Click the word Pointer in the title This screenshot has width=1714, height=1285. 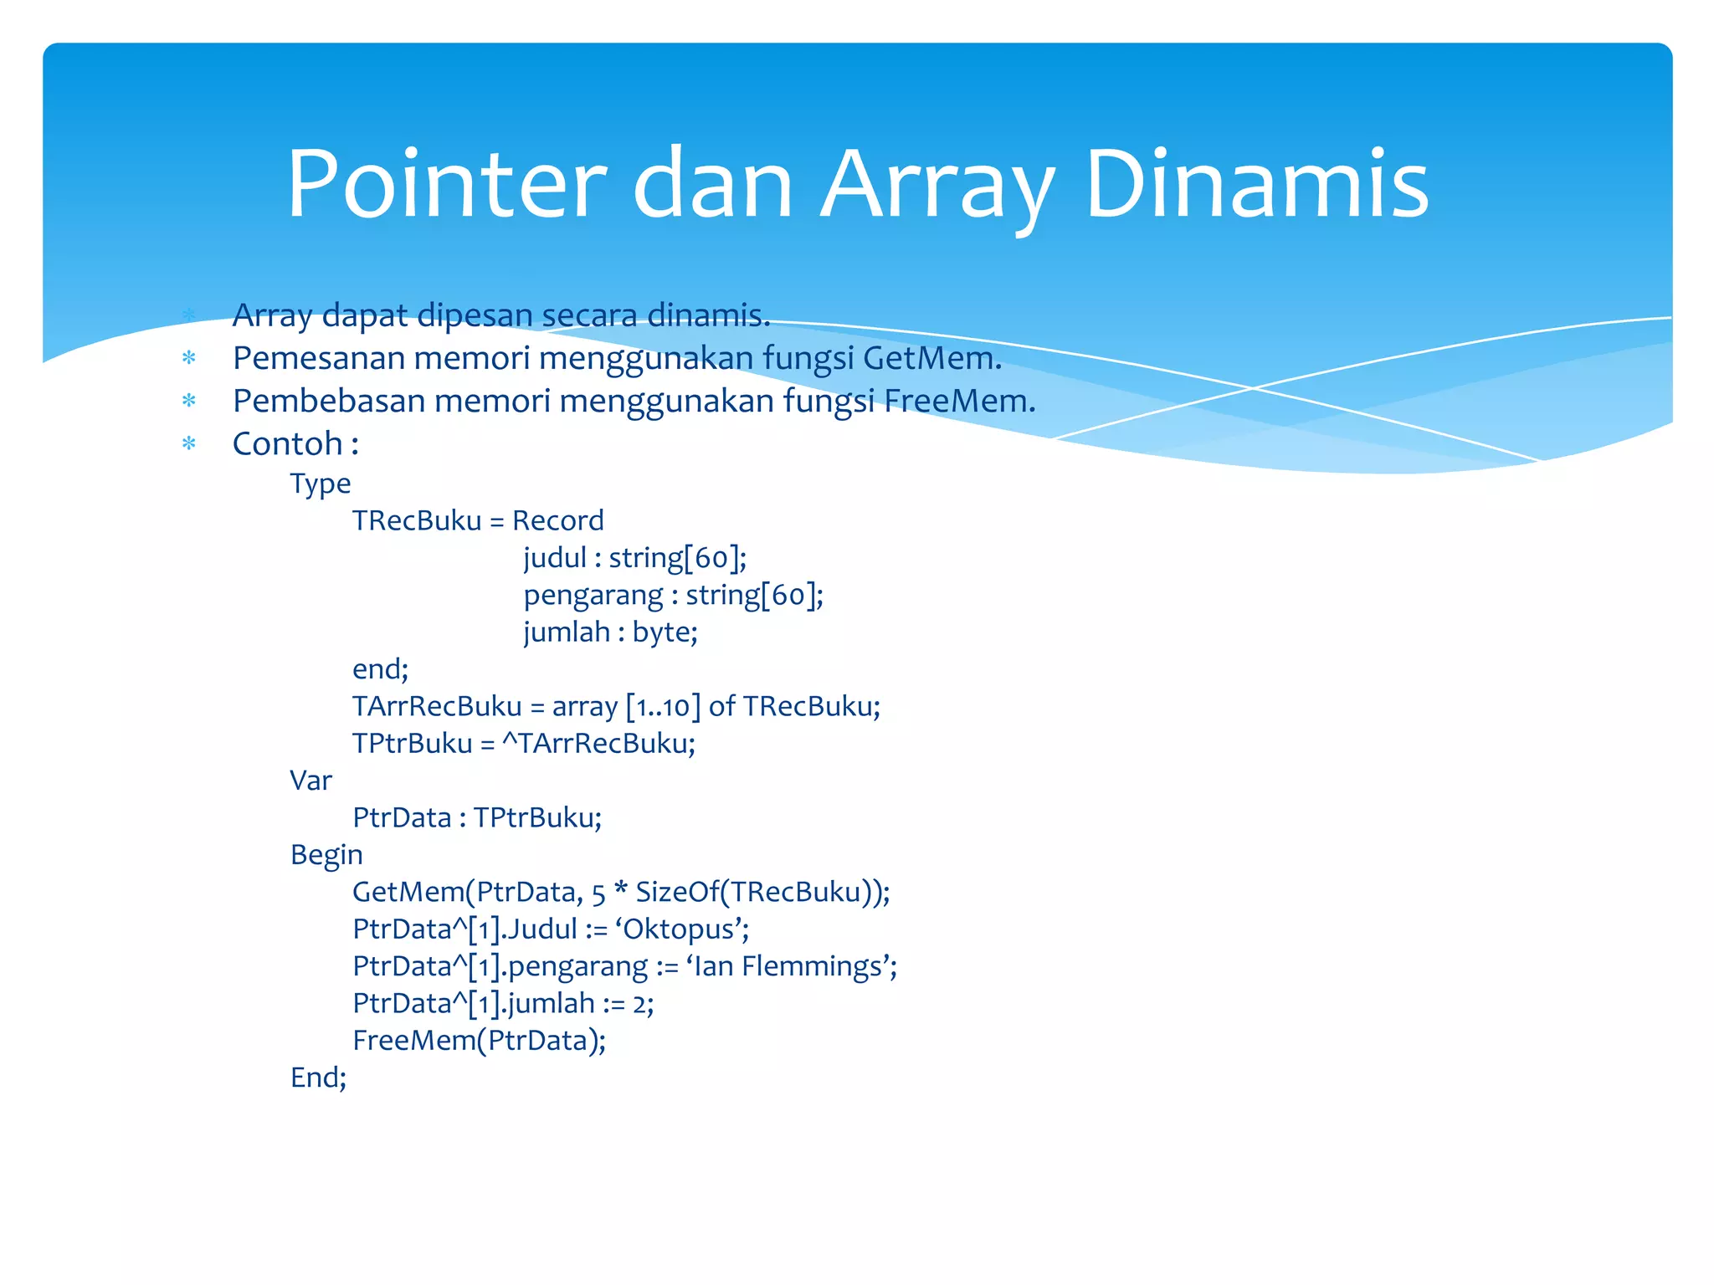(x=446, y=185)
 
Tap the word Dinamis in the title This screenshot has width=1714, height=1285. (x=1257, y=185)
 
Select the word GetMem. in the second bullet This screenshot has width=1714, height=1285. (x=932, y=359)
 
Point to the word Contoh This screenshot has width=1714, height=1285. (x=288, y=444)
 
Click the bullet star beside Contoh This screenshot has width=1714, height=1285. (x=189, y=443)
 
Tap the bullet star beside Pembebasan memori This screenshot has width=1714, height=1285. (x=189, y=401)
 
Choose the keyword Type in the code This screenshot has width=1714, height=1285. (x=321, y=484)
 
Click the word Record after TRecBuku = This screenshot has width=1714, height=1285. (x=557, y=521)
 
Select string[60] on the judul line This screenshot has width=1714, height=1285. (x=677, y=558)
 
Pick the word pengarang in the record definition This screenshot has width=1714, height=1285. (x=593, y=596)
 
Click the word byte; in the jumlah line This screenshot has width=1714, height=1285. (x=665, y=632)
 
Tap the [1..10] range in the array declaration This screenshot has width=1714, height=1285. (x=664, y=707)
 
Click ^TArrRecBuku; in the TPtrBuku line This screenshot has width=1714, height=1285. (x=598, y=744)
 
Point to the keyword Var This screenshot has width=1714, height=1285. (x=310, y=781)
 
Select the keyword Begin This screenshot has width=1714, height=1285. (x=326, y=855)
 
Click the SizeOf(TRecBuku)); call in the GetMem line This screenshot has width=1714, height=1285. (x=762, y=893)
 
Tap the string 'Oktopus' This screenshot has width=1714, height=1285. (x=681, y=929)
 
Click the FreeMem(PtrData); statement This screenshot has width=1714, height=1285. (x=479, y=1041)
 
